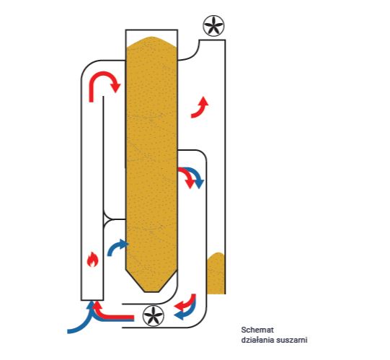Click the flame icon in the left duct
coord(92,260)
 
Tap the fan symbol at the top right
coord(213,26)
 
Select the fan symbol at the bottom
coord(154,315)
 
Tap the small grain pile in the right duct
coord(216,273)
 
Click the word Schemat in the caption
coord(257,330)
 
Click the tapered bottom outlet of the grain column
coord(151,281)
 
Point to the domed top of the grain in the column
coord(151,42)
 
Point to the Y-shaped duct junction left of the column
coord(107,219)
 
